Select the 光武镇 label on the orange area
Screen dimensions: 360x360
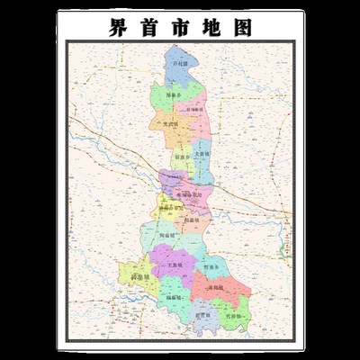[x=168, y=124]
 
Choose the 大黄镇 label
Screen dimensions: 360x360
[x=202, y=153]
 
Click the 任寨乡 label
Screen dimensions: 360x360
[x=211, y=267]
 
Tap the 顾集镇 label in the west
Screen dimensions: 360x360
[x=140, y=278]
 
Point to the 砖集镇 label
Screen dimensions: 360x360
[x=174, y=296]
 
